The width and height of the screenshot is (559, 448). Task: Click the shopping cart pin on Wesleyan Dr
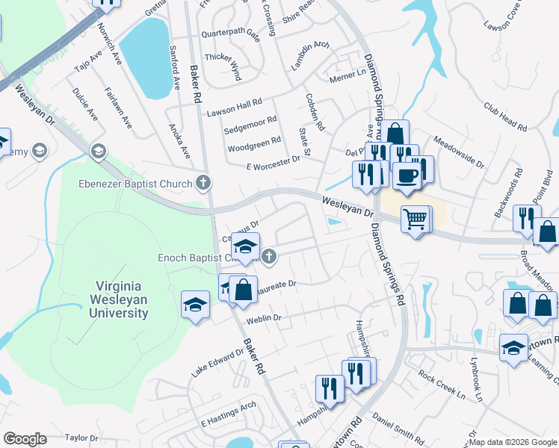(416, 220)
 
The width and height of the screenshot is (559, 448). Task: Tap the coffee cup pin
(407, 175)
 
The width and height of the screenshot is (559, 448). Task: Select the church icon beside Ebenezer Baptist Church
(203, 183)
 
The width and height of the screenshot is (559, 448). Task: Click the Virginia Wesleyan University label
(121, 298)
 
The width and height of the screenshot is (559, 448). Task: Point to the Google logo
(25, 439)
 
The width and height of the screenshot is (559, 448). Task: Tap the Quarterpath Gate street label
(230, 34)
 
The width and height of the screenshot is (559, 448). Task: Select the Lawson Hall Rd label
(234, 107)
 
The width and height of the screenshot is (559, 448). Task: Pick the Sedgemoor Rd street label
(250, 125)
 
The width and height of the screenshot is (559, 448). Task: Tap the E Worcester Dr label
(273, 162)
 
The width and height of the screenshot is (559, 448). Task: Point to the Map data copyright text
(513, 442)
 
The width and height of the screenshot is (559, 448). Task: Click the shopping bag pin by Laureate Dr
(243, 289)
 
